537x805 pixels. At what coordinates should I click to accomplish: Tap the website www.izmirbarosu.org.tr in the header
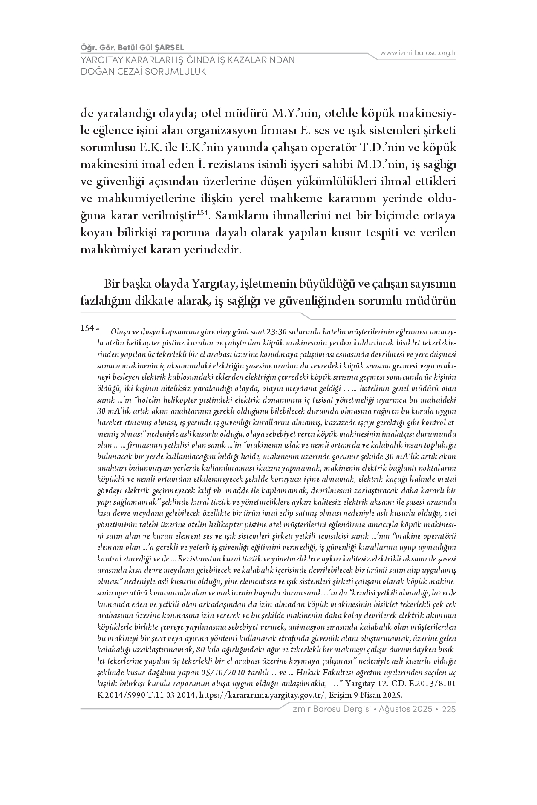(418, 53)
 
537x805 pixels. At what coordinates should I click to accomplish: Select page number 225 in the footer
(449, 709)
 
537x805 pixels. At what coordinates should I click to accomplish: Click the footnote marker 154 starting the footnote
(87, 328)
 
